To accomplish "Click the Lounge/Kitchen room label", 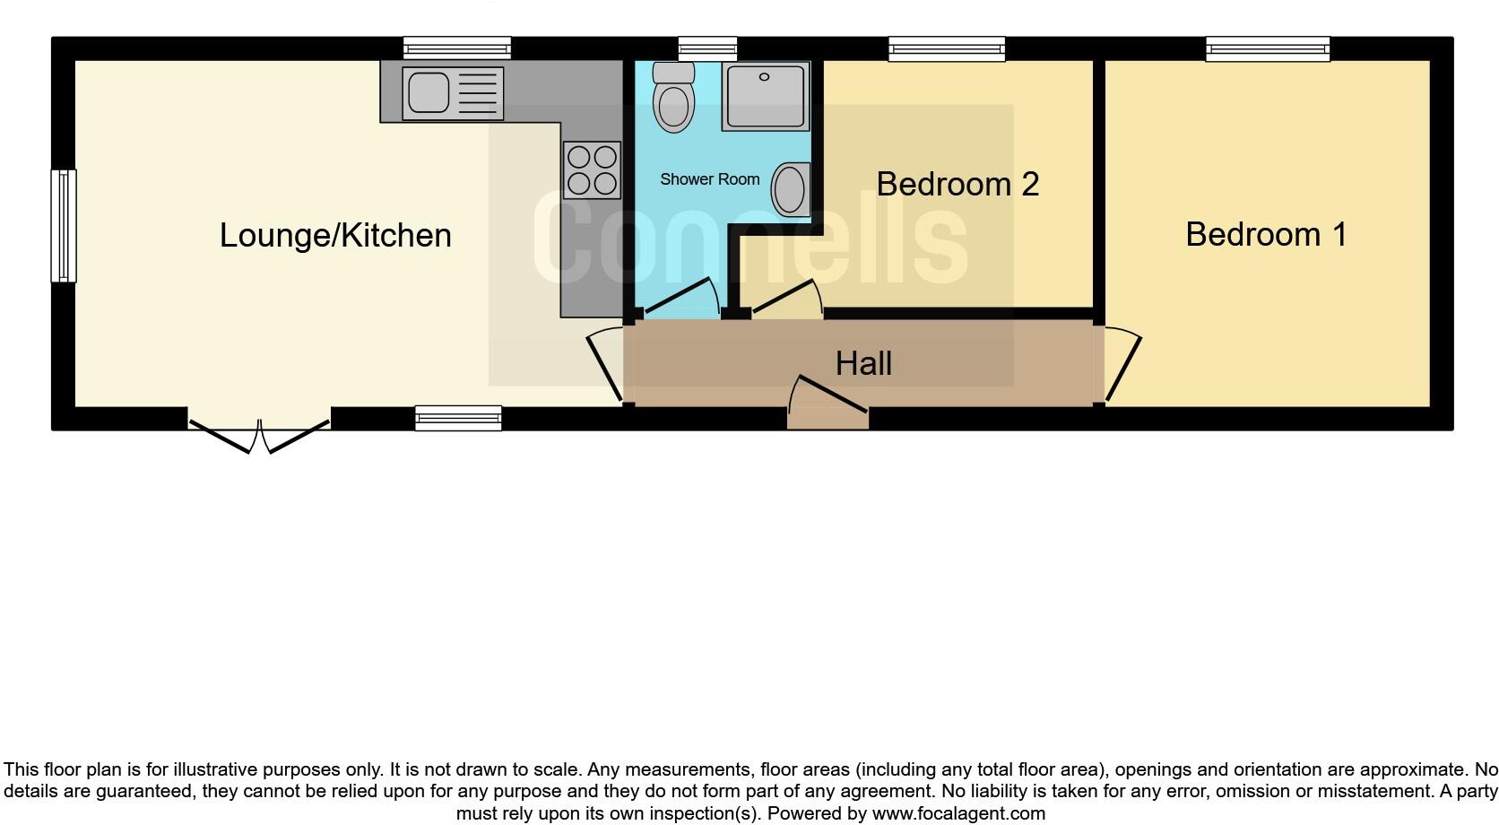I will point(335,235).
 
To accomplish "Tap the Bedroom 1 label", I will point(1265,234).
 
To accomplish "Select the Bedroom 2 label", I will point(957,184).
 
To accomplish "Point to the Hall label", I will point(862,363).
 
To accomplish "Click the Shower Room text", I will point(709,179).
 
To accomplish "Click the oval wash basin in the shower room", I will point(790,189).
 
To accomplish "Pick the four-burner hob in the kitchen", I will point(592,170).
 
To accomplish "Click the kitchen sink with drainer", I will point(452,92).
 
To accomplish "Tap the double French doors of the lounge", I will point(259,433).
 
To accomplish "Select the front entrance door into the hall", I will point(828,403).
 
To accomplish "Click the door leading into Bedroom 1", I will point(1122,366).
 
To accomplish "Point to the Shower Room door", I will point(680,297).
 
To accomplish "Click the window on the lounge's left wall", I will point(63,226).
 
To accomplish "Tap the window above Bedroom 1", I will point(1267,48).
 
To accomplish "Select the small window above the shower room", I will point(707,48).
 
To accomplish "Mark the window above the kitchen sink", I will point(456,48).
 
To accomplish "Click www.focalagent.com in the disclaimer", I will point(957,814).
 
